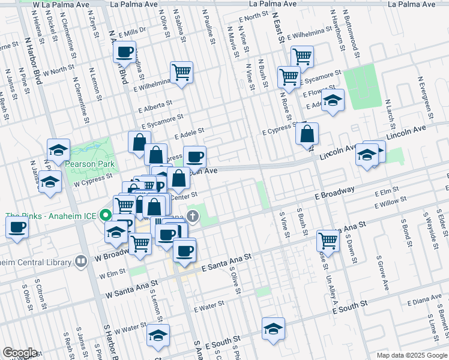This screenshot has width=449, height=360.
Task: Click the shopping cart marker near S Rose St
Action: (328, 241)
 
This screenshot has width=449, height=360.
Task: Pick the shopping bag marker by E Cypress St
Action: (307, 134)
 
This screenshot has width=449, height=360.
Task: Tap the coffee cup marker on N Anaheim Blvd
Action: (125, 52)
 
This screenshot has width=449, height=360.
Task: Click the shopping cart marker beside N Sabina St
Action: (181, 73)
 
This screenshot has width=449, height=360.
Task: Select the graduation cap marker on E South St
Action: (273, 329)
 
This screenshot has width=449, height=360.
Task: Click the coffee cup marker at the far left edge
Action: (17, 227)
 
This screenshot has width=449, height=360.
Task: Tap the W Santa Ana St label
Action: (131, 289)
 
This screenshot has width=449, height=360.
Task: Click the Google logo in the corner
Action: (20, 353)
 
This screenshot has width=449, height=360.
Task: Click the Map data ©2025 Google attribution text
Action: (411, 355)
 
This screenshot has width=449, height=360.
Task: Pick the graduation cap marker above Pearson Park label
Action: (59, 151)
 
